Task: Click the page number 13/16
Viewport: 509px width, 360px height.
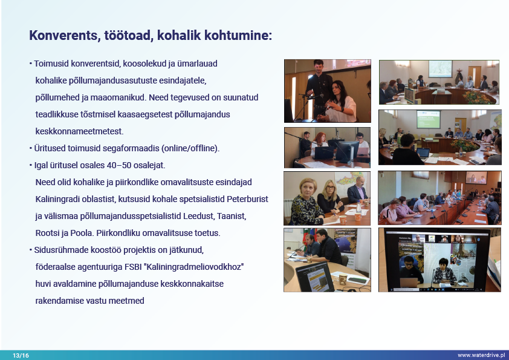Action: [x=21, y=355]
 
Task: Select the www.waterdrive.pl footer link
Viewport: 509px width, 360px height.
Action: [x=481, y=355]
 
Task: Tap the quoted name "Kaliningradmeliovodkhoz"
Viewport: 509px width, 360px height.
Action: [x=195, y=267]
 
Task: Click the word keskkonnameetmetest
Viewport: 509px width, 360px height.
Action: [x=80, y=131]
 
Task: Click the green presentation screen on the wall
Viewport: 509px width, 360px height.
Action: [x=429, y=119]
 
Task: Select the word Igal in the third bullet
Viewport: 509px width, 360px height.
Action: [x=41, y=165]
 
